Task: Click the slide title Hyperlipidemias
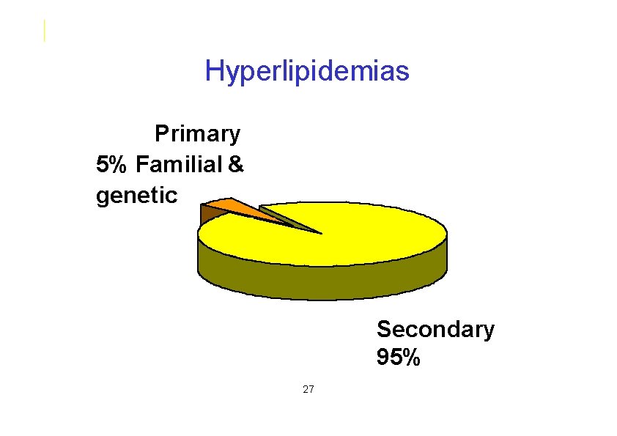(307, 72)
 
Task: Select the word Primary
(197, 134)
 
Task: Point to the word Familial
(178, 164)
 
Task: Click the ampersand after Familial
(235, 164)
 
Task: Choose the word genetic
(136, 196)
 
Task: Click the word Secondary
(435, 330)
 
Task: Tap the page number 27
(308, 388)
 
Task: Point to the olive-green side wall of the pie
(322, 282)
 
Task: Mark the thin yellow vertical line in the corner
(45, 31)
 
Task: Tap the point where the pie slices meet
(321, 234)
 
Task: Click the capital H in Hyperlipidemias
(214, 72)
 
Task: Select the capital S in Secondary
(384, 330)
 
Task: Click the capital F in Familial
(141, 164)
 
